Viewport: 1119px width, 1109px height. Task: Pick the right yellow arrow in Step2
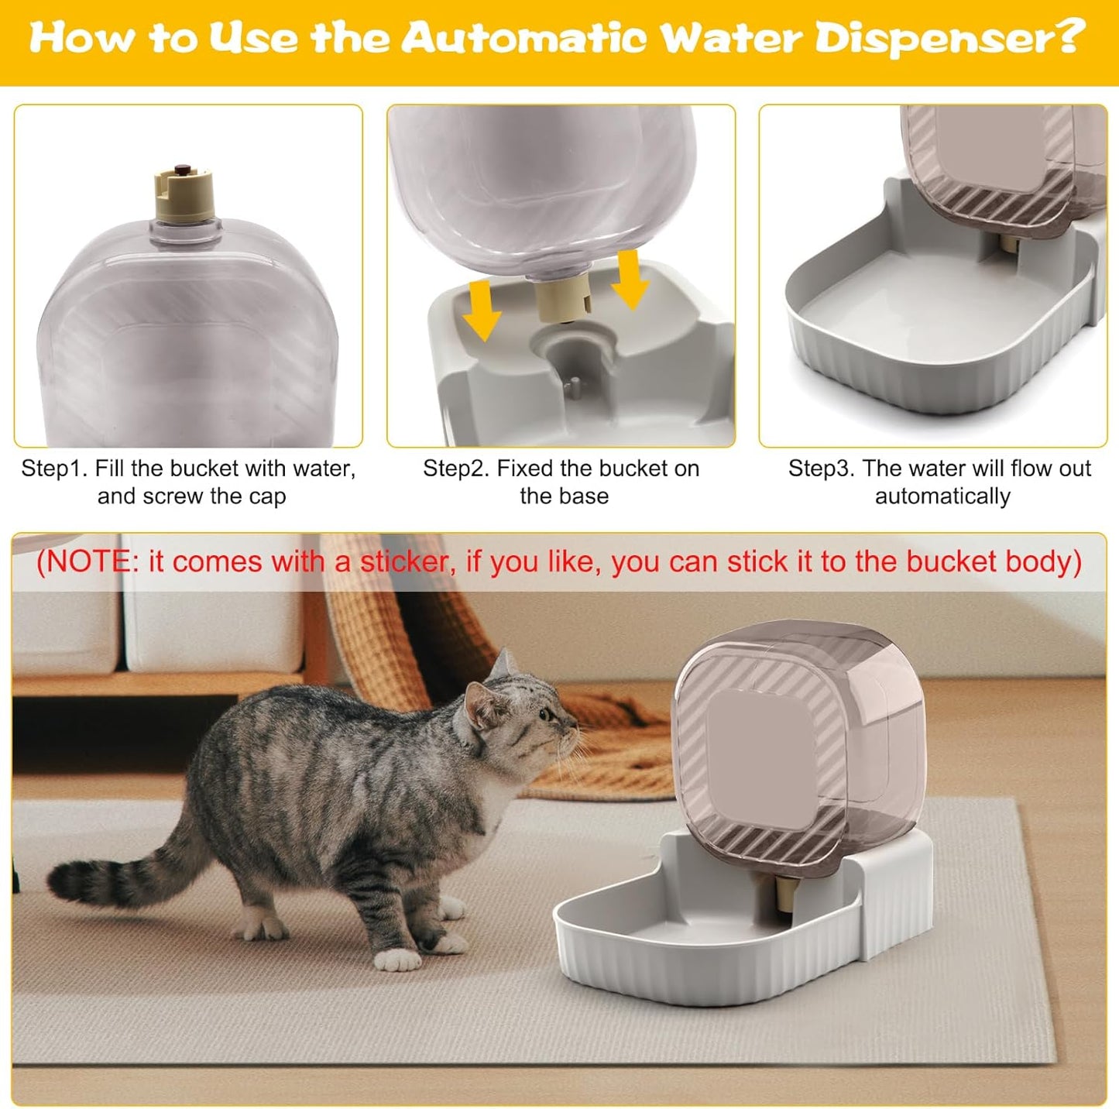(x=630, y=280)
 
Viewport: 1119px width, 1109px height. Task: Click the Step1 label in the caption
(x=54, y=469)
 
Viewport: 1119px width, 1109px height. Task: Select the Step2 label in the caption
(x=456, y=469)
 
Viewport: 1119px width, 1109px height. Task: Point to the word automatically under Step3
(x=942, y=496)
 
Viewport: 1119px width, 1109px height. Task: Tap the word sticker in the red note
(x=403, y=561)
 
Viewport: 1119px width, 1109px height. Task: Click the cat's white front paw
(x=396, y=960)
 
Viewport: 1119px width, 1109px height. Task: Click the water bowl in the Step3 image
(x=891, y=325)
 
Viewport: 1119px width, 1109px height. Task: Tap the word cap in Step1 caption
(x=268, y=496)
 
